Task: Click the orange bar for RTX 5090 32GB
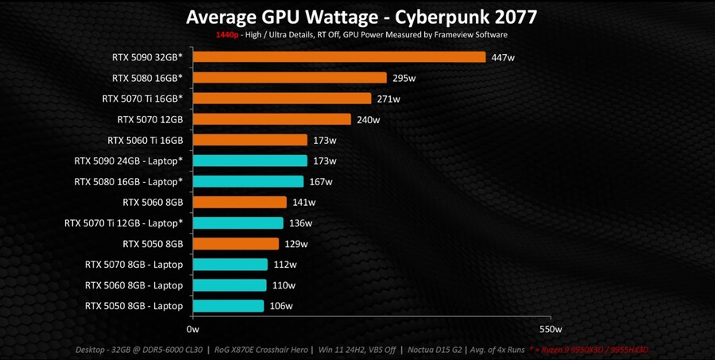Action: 338,57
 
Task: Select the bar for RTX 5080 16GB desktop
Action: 289,78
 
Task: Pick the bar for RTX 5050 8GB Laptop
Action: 228,306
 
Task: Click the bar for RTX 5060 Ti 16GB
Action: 249,141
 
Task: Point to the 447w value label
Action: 503,57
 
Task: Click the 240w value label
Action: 368,120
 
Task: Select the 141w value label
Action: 303,203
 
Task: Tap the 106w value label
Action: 280,306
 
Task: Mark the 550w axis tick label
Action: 550,329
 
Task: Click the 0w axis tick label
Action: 192,329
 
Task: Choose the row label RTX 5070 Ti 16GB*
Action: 142,99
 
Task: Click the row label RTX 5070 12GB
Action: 150,120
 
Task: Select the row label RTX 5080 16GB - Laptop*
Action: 129,182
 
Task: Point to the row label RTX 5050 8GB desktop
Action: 153,244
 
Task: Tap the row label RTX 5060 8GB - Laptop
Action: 134,285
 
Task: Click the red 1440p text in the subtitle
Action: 227,35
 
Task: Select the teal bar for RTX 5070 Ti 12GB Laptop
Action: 238,223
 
